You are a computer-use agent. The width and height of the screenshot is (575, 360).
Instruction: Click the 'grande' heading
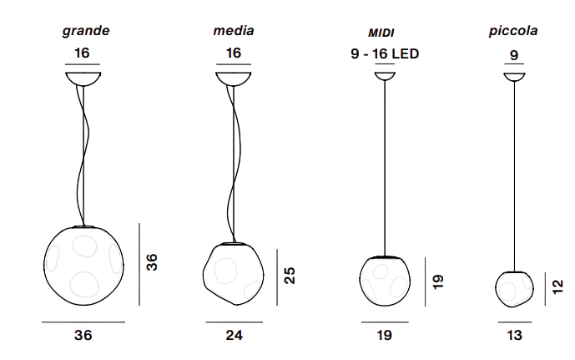click(x=86, y=31)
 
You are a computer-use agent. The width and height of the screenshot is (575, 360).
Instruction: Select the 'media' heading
click(x=234, y=30)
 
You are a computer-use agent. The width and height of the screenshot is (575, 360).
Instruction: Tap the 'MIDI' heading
click(x=381, y=33)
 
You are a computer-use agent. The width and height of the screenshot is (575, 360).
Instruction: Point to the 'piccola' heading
click(x=513, y=31)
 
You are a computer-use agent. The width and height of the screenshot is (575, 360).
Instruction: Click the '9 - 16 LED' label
click(x=385, y=54)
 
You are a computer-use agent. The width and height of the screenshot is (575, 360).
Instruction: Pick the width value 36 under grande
click(x=83, y=335)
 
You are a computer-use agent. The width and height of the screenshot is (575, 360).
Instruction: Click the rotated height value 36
click(x=151, y=262)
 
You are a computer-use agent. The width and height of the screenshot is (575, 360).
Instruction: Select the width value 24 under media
click(x=234, y=335)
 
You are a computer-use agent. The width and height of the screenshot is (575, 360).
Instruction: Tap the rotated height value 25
click(x=290, y=276)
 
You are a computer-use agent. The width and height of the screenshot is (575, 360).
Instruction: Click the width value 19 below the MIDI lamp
click(x=385, y=335)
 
